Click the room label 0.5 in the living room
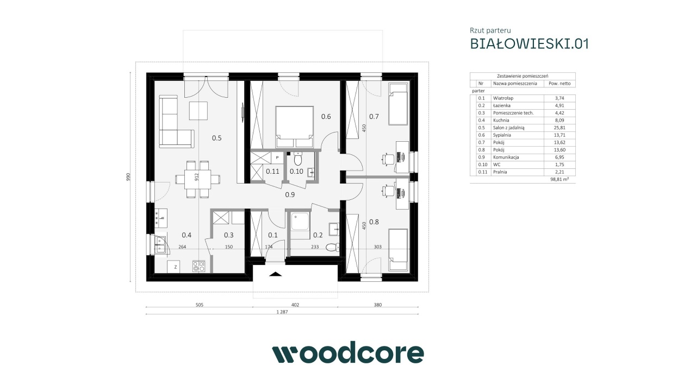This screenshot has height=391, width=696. [216, 138]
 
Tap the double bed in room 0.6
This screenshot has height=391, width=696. [294, 127]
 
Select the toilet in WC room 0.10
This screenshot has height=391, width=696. [297, 159]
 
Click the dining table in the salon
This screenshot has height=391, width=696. [197, 179]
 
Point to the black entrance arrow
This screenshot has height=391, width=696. [275, 274]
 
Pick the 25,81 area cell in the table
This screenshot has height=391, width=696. [560, 128]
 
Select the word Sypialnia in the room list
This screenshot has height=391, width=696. [502, 135]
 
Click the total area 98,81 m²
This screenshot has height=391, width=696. [560, 179]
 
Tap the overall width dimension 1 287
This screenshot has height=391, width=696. [282, 312]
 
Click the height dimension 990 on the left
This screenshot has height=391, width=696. [128, 177]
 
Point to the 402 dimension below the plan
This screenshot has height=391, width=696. [295, 305]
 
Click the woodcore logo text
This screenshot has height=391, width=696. [348, 352]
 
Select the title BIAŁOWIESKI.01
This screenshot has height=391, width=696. [529, 44]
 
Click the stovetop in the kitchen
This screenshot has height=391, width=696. [198, 266]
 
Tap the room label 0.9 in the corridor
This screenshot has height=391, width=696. [290, 195]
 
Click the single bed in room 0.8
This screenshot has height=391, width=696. [398, 249]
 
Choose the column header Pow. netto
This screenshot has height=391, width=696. [560, 84]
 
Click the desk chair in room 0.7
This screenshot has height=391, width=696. [387, 159]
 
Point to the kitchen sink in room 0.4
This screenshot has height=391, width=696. [160, 245]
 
